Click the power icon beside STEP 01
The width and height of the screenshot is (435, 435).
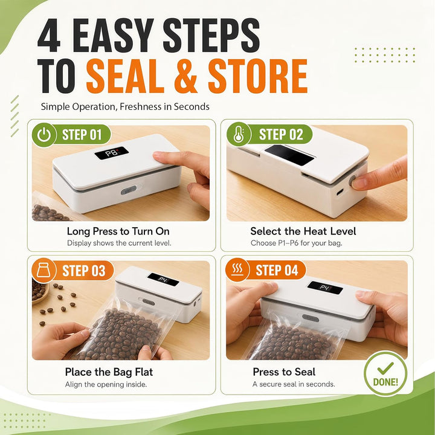44,135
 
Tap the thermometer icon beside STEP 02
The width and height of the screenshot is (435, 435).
238,134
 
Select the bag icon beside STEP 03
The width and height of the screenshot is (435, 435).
43,270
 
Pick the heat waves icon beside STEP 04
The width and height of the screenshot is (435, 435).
237,269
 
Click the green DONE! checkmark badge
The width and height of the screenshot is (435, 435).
385,373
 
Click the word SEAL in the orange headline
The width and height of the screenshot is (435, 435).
125,76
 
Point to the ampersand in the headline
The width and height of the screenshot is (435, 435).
185,76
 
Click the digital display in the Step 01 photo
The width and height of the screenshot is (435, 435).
112,153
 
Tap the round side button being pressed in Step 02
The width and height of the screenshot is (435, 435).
353,181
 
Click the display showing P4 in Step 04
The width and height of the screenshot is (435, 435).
325,288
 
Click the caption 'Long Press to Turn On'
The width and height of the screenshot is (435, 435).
118,231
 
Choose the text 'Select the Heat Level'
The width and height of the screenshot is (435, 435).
303,231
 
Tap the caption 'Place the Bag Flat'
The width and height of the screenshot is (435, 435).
109,372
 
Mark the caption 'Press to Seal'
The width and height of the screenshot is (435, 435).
284,372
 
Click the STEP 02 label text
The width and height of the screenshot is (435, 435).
281,134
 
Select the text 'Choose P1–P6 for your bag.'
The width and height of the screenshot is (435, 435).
296,243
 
